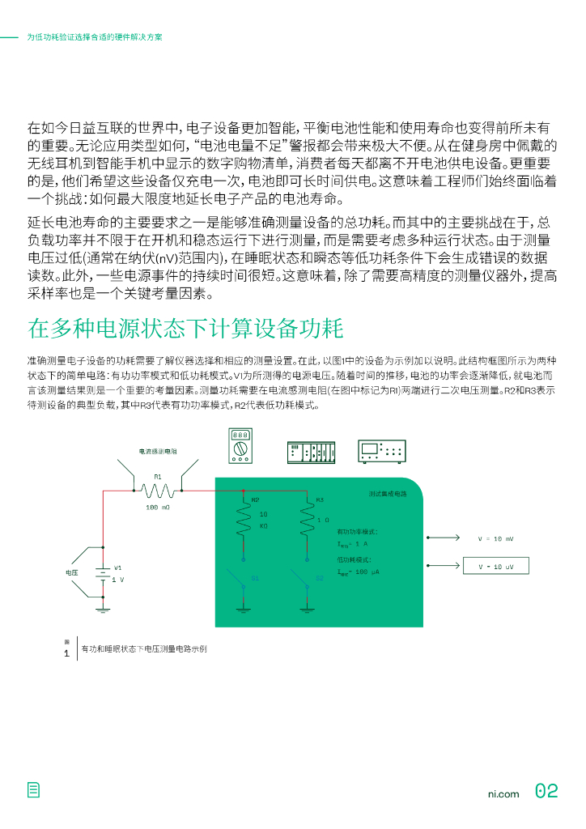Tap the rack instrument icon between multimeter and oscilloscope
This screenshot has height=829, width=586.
(312, 453)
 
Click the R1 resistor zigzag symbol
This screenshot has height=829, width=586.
(158, 491)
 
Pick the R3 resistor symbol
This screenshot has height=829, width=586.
(308, 521)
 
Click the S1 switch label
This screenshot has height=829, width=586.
(255, 578)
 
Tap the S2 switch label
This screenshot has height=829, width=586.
(320, 578)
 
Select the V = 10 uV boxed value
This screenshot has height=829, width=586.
(495, 566)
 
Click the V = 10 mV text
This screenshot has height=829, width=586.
(495, 538)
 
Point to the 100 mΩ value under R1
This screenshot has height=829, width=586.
(158, 508)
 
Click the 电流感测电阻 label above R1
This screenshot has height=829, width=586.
(158, 451)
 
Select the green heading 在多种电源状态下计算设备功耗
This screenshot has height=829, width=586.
(185, 329)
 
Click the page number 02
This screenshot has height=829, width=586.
(546, 791)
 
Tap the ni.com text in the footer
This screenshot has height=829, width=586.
(503, 793)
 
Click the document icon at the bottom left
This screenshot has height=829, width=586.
(33, 791)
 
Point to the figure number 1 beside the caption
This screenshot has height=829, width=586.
(66, 653)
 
